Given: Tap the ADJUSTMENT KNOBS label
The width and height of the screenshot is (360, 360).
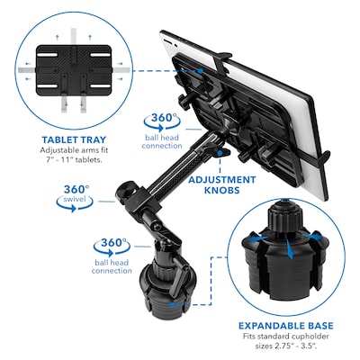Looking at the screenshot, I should point(221,184).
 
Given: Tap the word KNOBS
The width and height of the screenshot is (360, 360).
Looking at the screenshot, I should point(221,191).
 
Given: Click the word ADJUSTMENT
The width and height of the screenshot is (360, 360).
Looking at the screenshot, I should point(221,178).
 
